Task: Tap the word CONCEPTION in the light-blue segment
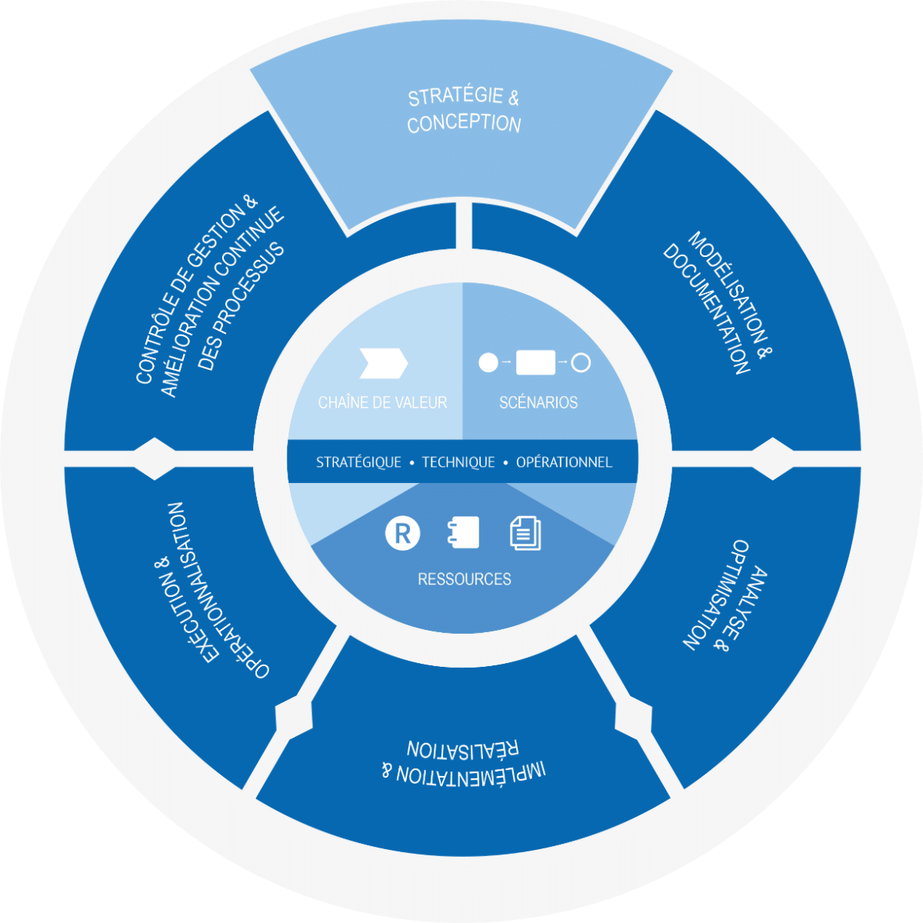[x=464, y=124]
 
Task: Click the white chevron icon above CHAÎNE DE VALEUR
[x=383, y=363]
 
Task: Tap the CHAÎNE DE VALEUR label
[x=382, y=402]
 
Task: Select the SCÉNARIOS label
[x=538, y=402]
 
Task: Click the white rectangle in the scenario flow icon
[x=535, y=362]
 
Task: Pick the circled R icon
[x=402, y=533]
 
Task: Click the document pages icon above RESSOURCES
[x=525, y=533]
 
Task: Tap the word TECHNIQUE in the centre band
[x=458, y=462]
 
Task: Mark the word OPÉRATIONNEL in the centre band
[x=564, y=462]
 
